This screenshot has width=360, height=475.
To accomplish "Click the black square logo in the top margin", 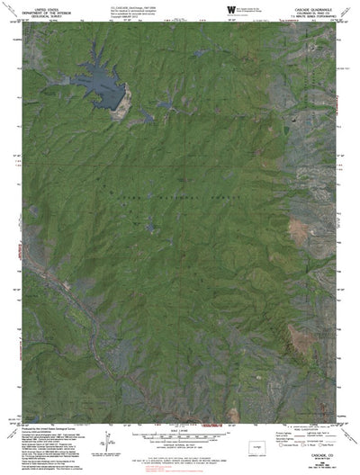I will (231, 9).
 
